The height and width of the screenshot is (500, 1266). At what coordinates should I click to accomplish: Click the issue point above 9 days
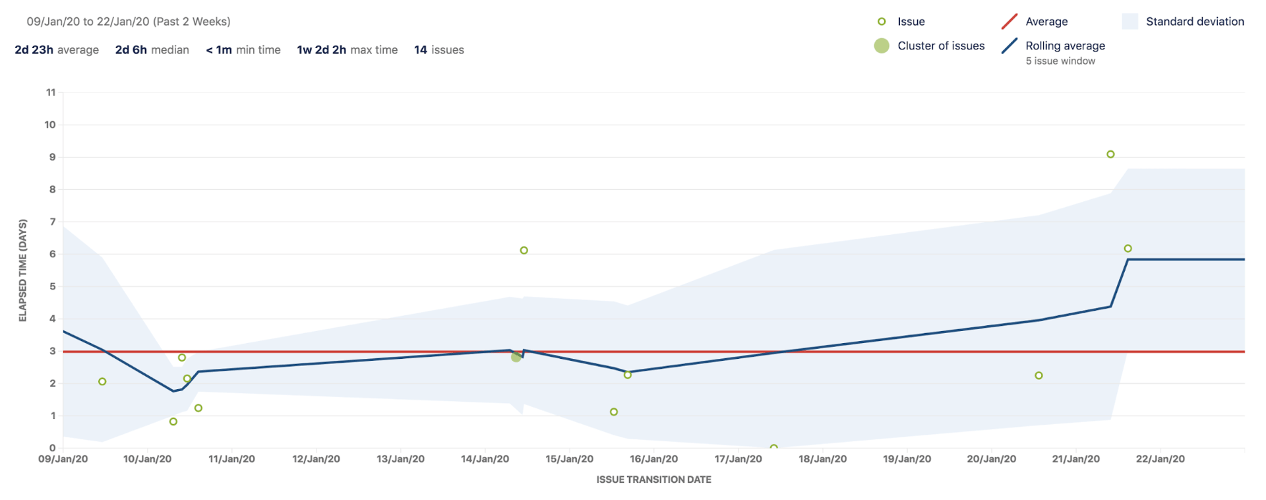pyautogui.click(x=1110, y=154)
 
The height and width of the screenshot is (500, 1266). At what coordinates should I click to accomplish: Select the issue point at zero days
pyautogui.click(x=773, y=448)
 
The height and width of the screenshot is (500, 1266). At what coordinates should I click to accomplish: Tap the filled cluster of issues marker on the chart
pyautogui.click(x=516, y=357)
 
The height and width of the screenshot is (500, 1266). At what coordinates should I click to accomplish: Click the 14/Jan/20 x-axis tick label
pyautogui.click(x=485, y=459)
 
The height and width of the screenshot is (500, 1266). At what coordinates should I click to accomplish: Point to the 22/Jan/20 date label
pyautogui.click(x=1160, y=459)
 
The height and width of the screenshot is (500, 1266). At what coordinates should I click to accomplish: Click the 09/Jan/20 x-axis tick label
pyautogui.click(x=63, y=459)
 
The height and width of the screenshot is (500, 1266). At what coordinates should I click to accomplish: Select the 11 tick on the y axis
pyautogui.click(x=51, y=92)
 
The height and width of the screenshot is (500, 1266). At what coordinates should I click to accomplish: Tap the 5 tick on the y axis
pyautogui.click(x=52, y=286)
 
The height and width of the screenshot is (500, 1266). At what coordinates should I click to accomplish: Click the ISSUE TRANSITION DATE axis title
pyautogui.click(x=653, y=480)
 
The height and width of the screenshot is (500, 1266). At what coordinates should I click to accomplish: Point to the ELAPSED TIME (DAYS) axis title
pyautogui.click(x=23, y=270)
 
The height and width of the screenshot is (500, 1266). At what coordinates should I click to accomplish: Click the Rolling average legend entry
pyautogui.click(x=1064, y=46)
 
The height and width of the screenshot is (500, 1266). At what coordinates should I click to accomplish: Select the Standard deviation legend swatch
pyautogui.click(x=1130, y=22)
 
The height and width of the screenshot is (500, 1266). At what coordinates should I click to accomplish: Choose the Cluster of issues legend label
pyautogui.click(x=940, y=46)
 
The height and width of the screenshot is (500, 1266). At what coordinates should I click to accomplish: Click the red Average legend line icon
pyautogui.click(x=1009, y=22)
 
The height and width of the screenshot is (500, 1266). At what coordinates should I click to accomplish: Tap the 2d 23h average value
pyautogui.click(x=34, y=50)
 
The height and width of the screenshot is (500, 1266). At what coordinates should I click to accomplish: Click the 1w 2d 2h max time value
pyautogui.click(x=321, y=50)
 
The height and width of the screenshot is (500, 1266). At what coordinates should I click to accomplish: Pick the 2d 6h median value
pyautogui.click(x=131, y=50)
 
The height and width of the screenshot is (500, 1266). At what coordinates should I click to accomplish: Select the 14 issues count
pyautogui.click(x=438, y=50)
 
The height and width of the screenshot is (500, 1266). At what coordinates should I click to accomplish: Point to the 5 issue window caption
pyautogui.click(x=1060, y=61)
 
